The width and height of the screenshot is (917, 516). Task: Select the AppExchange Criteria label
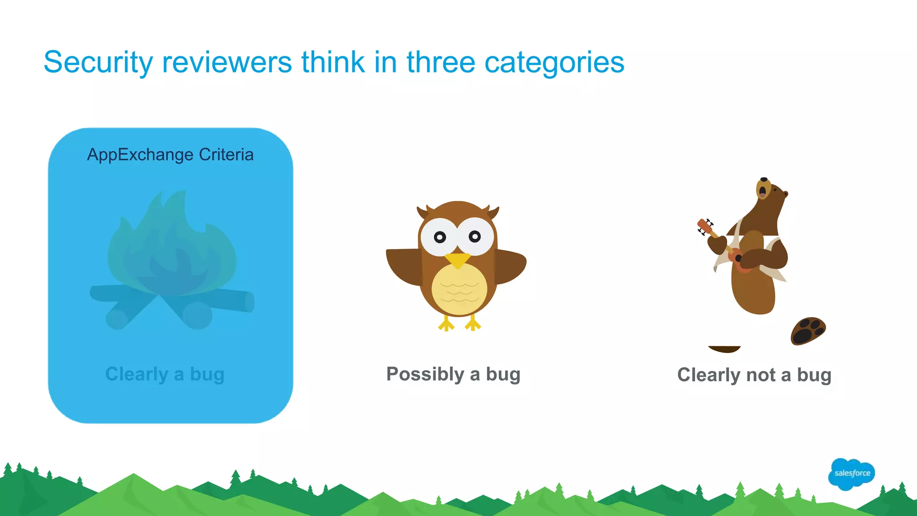170,155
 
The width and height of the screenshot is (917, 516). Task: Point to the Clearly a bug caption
165,374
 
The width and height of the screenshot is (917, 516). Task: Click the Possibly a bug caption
453,374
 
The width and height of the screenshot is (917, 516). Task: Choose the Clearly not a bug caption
754,375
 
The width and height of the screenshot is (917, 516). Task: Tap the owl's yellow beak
457,259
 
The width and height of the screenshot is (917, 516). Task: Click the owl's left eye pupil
440,237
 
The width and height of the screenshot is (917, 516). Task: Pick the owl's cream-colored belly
459,289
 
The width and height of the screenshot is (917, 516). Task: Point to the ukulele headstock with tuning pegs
704,226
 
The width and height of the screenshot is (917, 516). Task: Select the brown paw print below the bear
808,331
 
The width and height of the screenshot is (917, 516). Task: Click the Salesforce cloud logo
851,473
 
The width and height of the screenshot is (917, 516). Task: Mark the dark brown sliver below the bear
724,349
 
